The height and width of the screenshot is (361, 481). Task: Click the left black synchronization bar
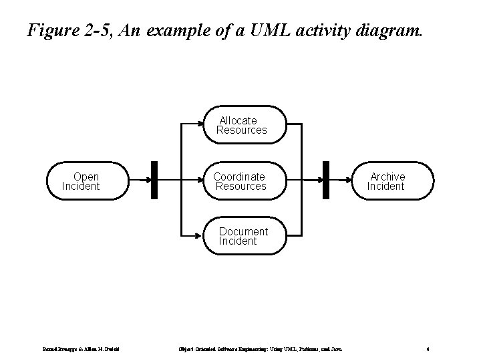click(x=154, y=180)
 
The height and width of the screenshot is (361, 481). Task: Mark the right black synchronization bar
click(x=326, y=180)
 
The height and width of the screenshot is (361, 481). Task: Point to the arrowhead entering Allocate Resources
click(x=200, y=124)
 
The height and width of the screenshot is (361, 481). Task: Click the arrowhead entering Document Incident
click(x=200, y=236)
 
